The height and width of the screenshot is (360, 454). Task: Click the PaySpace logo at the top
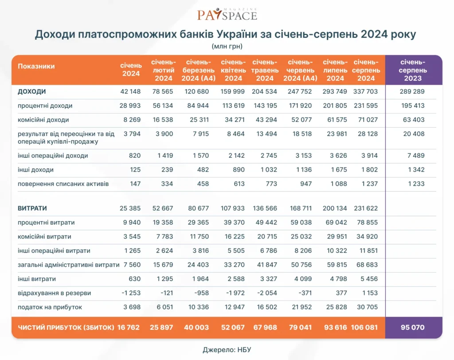point(227,14)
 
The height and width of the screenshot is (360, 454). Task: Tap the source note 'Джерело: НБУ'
point(227,349)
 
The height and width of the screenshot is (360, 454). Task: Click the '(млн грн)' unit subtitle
point(227,46)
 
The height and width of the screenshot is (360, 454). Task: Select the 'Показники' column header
point(36,67)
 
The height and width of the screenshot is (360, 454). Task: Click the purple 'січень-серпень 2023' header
point(413,70)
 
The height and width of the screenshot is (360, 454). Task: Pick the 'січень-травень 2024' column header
point(265,70)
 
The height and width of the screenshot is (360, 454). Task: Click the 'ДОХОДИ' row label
point(32,91)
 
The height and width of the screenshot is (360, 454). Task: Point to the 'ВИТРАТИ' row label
point(32,208)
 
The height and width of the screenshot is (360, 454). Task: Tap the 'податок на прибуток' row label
point(50,307)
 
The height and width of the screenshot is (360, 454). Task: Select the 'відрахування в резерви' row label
point(54,293)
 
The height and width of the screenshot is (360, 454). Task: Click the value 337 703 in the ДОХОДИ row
point(365,91)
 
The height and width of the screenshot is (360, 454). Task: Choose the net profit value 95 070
point(413,328)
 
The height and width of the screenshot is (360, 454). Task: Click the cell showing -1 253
point(131,293)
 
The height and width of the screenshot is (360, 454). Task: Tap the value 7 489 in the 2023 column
point(416,156)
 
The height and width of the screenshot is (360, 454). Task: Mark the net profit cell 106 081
point(364,328)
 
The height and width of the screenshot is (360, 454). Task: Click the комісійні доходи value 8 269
point(132,120)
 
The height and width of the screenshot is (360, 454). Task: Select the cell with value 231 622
point(366,208)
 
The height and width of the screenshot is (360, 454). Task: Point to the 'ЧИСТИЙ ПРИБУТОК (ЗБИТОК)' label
point(66,328)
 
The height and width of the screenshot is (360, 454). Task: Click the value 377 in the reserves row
point(341,293)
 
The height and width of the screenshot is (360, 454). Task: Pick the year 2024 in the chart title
point(374,34)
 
